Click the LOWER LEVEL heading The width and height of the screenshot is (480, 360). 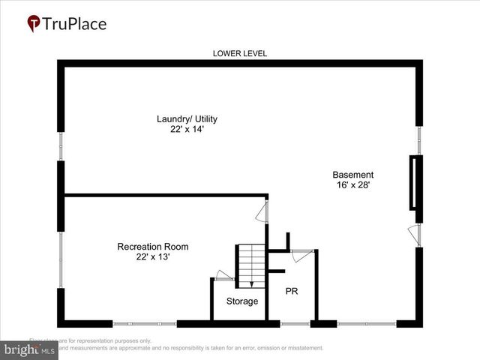pos(239,53)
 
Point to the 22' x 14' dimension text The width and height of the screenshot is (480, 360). pos(187,129)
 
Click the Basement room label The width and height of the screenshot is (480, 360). pos(352,175)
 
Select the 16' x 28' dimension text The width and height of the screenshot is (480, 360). pos(352,184)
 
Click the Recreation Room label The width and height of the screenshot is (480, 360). pos(152,247)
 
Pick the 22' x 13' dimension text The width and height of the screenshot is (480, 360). pos(152,257)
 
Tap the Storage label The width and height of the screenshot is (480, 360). pos(242,301)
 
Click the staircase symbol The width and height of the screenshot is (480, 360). pos(250,264)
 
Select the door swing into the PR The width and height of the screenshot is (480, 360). pos(301,255)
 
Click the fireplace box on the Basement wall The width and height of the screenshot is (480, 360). pos(413,182)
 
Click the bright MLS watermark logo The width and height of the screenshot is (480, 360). pos(30,350)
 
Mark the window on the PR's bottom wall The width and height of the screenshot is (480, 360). pos(295,324)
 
